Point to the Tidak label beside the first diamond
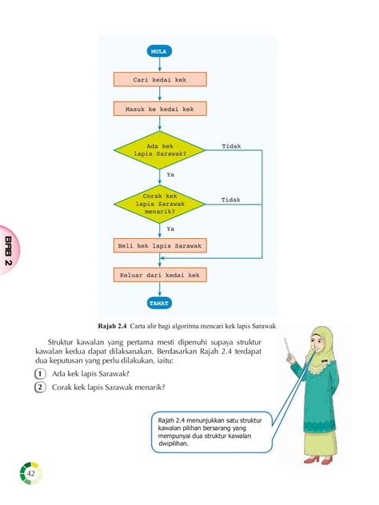coord(231,147)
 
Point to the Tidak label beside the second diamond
coord(231,199)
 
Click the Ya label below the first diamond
coord(170,175)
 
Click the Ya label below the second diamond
coord(170,228)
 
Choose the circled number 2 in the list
coord(40,388)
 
